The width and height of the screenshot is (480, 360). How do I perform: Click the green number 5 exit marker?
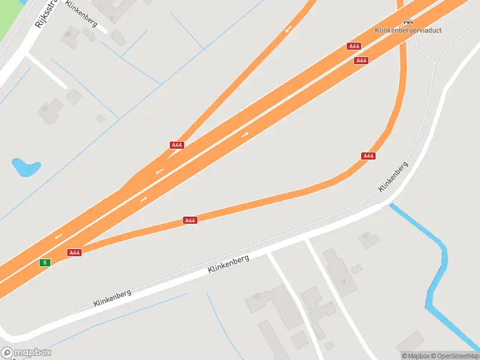point(44,263)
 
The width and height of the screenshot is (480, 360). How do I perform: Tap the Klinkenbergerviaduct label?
point(408,30)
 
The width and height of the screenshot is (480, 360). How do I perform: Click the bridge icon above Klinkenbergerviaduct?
point(409,21)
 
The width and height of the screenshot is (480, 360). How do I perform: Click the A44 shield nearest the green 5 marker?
point(74,253)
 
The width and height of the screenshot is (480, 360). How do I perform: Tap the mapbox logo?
point(26,352)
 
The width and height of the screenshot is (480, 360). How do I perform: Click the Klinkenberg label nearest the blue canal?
point(393,176)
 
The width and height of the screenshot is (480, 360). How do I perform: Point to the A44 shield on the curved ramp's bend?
point(368,156)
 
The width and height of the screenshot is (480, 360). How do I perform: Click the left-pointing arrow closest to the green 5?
point(58,236)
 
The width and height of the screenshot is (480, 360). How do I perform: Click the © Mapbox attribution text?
point(416,356)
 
